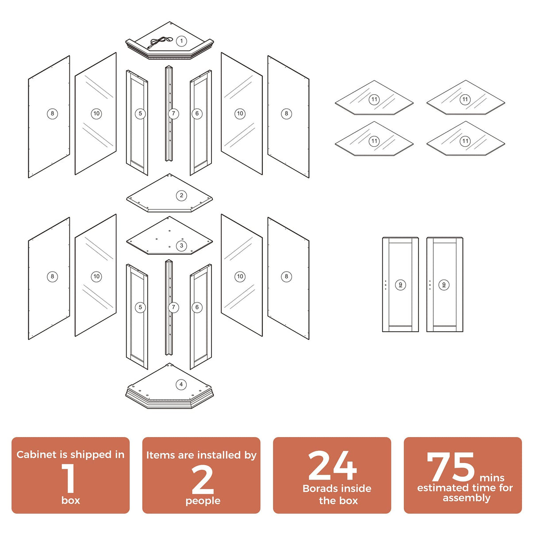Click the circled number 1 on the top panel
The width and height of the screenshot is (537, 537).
point(181,41)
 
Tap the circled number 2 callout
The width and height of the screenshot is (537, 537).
point(181,196)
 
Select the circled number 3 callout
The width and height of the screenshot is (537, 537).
point(181,246)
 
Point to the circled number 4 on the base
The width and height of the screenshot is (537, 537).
point(181,384)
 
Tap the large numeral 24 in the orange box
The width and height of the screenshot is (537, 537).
point(332,466)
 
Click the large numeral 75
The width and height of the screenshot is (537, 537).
point(450,467)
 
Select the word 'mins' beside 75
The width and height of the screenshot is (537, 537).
point(492,478)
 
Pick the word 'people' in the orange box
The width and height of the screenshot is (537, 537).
point(203,501)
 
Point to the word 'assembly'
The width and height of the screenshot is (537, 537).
point(466,498)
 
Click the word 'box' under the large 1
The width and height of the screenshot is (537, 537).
point(71,500)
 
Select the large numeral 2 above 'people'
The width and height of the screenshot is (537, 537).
point(203,480)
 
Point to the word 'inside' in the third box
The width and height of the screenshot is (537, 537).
point(357,488)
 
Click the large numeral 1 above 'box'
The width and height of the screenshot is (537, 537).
point(69,478)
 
